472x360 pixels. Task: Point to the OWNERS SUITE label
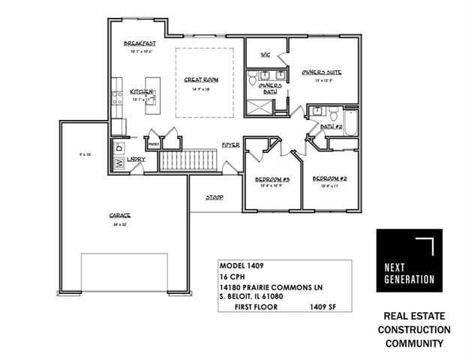coord(322,72)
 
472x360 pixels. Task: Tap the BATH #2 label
coord(332,127)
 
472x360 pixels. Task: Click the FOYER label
coord(230,144)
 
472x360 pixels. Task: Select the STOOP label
coord(215,198)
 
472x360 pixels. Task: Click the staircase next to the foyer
coord(188,160)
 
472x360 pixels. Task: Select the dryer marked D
coord(119,148)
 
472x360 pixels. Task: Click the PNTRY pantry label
coord(153,144)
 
